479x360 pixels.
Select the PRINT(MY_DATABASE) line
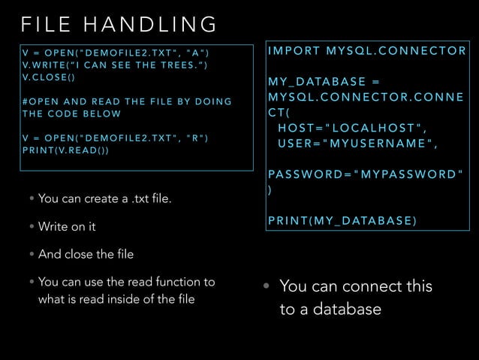[342, 220]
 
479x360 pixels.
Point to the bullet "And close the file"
[86, 254]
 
